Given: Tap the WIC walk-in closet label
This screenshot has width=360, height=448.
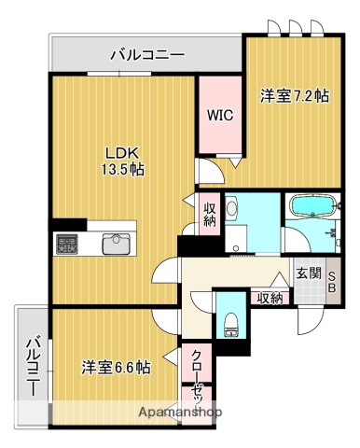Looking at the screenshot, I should point(220,117).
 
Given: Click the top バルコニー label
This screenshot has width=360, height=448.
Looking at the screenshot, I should point(146,55).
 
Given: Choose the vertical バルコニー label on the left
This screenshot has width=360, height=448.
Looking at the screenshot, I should point(33,365).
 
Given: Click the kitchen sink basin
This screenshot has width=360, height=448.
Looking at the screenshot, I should point(116,244).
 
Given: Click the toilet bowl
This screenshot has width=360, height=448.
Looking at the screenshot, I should point(229,325).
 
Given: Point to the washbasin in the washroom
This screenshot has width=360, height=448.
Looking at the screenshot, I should point(235,210).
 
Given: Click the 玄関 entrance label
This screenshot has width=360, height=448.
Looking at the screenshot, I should point(309,273).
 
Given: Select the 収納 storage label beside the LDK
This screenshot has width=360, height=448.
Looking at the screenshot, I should point(210,214).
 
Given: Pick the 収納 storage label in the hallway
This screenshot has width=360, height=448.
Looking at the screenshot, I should point(270,298).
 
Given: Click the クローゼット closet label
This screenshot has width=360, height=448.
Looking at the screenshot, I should point(199,372).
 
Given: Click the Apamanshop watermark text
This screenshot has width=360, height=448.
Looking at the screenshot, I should point(180,412).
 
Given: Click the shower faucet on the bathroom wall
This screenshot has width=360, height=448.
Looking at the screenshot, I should point(330,227).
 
